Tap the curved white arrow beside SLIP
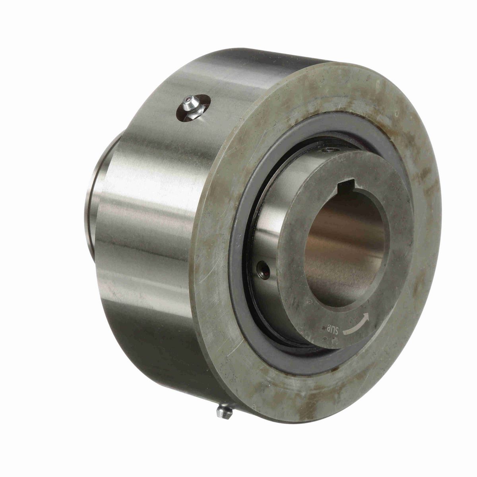pyautogui.click(x=357, y=324)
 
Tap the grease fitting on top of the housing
pyautogui.click(x=190, y=106)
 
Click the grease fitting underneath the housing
pyautogui.click(x=225, y=411)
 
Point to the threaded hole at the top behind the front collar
pyautogui.click(x=330, y=150)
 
